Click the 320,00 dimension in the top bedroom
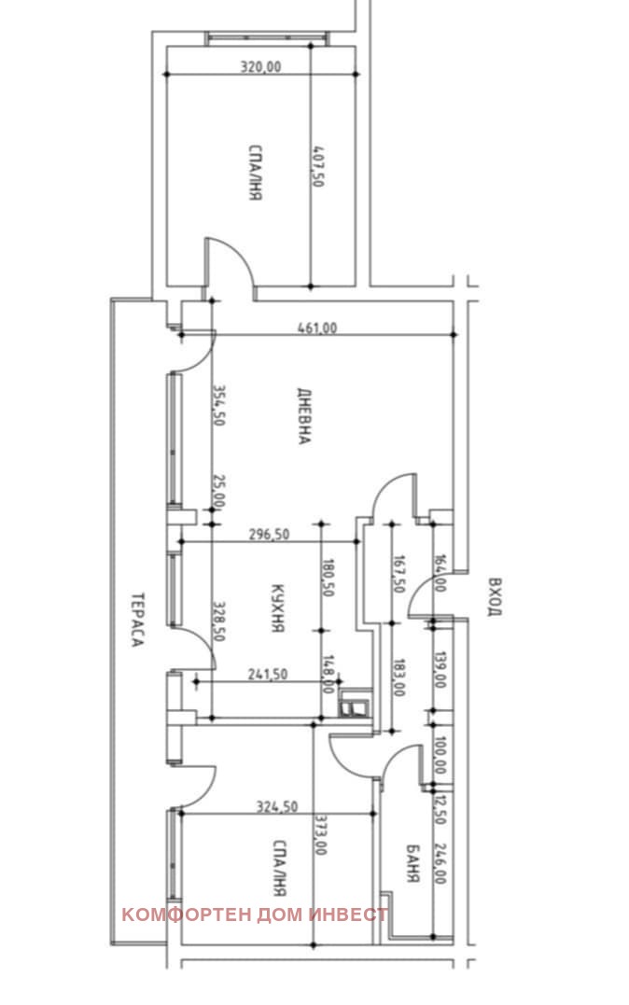pos(260,66)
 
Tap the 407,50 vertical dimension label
pos(317,167)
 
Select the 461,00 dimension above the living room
pos(317,328)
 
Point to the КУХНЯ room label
pos(277,608)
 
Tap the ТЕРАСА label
pos(136,620)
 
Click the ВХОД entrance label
pos(494,596)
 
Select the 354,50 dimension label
pos(218,406)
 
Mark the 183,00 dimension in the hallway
pos(399,675)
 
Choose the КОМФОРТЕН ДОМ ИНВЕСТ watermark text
pos(255,914)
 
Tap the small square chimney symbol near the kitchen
pos(356,707)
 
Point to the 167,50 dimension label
pos(399,575)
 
